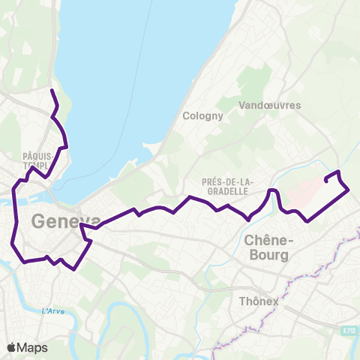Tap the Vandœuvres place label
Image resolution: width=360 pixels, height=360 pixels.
(x=268, y=106)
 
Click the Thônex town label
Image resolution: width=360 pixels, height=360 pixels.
(x=259, y=301)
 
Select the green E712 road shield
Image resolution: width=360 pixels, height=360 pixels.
(x=346, y=329)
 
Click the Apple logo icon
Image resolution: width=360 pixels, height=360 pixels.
(x=12, y=347)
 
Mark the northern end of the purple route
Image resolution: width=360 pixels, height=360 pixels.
(x=51, y=91)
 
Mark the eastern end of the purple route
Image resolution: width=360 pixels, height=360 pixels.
(x=325, y=180)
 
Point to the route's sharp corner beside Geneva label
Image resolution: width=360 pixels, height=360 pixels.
(x=80, y=224)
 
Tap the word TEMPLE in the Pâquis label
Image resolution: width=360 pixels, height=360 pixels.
(x=36, y=166)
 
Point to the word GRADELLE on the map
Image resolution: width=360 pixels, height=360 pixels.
(x=228, y=191)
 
